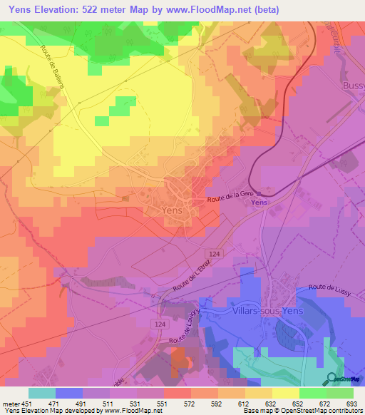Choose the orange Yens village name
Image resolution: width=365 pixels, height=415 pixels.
point(173,211)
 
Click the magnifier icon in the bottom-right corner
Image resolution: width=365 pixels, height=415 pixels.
point(331,379)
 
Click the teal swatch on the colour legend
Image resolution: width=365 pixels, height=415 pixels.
point(42,392)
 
